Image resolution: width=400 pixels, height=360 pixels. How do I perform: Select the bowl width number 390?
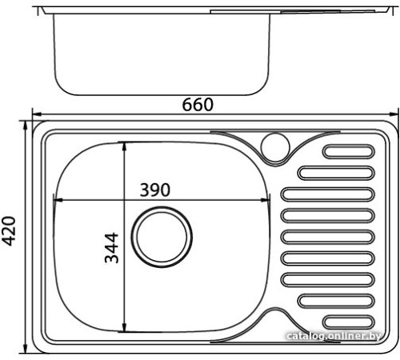154,190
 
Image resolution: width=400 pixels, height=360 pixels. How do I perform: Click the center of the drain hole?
163,238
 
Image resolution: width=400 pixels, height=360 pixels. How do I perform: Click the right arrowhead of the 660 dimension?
394,114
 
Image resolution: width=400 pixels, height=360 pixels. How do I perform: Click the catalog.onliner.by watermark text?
341,339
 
